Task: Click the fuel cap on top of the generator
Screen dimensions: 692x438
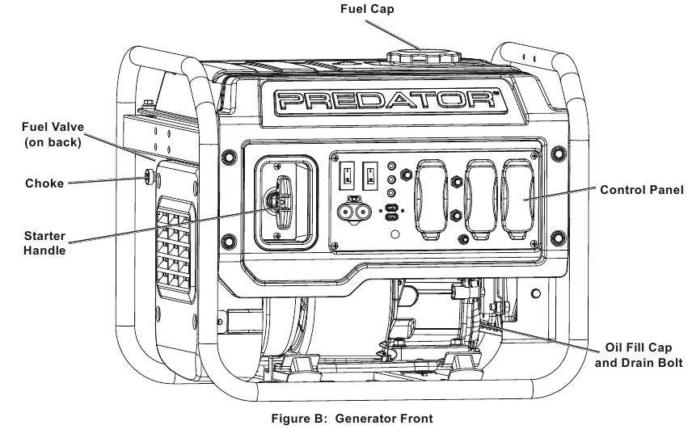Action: point(424,57)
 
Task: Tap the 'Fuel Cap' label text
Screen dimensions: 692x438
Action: point(367,9)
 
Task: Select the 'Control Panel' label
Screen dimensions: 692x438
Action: point(642,190)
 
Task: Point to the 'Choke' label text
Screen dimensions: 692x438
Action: point(44,183)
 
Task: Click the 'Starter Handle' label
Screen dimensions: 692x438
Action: point(44,243)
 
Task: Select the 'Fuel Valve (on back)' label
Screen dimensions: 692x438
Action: point(53,134)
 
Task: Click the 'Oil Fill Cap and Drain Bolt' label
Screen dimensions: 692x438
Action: point(639,355)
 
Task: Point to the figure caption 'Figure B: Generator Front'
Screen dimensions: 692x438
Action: point(352,418)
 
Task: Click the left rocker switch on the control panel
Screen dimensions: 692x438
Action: point(347,175)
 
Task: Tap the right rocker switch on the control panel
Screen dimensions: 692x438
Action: point(369,175)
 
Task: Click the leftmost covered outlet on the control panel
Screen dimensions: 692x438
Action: point(431,200)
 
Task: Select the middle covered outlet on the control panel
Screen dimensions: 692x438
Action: point(482,200)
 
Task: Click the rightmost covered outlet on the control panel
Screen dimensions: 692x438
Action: point(517,200)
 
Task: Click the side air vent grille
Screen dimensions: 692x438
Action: point(175,250)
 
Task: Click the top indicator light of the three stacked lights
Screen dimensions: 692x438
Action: point(391,166)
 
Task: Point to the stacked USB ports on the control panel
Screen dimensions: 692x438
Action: point(391,213)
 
